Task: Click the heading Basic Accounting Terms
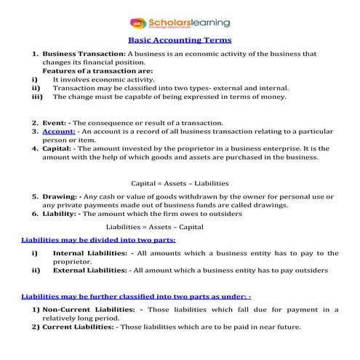(179, 42)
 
